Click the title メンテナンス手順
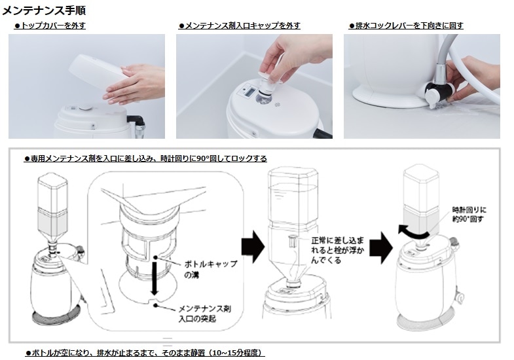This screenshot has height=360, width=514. coord(44,10)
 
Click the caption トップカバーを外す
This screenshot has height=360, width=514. coord(50,26)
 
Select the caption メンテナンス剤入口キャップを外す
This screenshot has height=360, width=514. coord(239,26)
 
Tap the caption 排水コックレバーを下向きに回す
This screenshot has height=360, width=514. coord(406,26)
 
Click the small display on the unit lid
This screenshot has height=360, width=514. coord(249,92)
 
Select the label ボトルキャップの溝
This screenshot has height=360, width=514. coord(210,269)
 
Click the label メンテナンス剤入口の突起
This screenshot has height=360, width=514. coord(204,314)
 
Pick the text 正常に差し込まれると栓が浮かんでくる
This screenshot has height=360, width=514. coord(337,250)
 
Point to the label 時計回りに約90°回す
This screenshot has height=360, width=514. coord(469,214)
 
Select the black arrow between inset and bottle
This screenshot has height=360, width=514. coord(253,246)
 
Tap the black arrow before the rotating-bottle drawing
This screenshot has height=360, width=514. coord(381,247)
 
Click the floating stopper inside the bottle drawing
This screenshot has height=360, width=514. coord(292,240)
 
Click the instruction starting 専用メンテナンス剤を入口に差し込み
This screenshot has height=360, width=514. coord(145,158)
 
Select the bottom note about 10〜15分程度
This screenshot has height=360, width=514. coord(145,353)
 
